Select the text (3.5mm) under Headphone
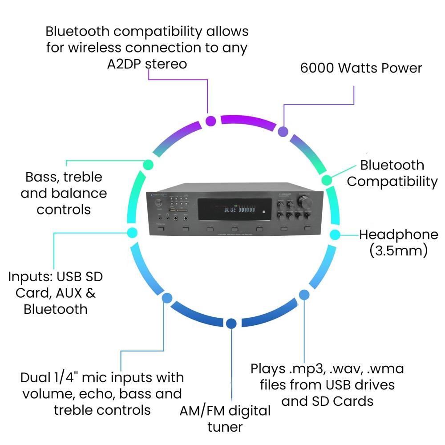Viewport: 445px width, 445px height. tap(398, 250)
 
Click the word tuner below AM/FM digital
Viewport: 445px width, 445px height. tap(225, 427)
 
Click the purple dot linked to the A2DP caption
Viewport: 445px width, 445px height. tap(211, 121)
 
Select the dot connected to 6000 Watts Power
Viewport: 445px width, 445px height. tap(283, 131)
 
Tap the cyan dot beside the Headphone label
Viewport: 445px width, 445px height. tap(335, 234)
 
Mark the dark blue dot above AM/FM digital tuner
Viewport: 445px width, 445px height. tap(231, 324)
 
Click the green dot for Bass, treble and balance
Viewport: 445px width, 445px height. tap(148, 165)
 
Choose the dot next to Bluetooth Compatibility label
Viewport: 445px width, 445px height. tap(326, 180)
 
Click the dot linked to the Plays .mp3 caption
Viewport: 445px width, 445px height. tap(304, 294)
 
